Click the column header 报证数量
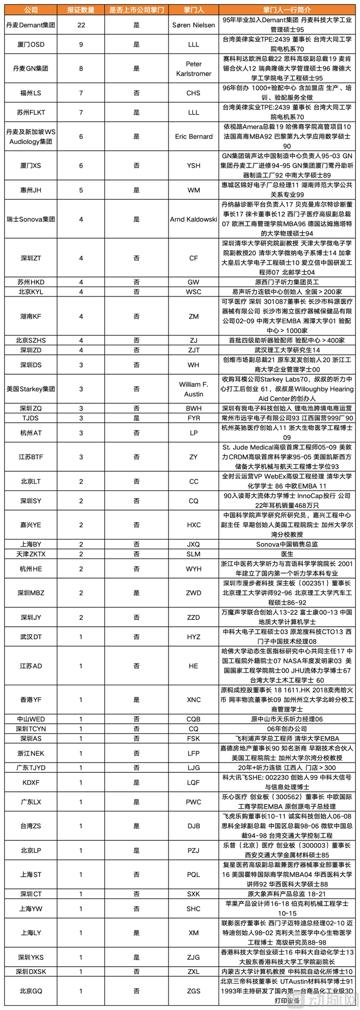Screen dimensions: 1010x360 81,10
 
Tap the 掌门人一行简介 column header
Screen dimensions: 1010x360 287,10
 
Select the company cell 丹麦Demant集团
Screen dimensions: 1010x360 31,25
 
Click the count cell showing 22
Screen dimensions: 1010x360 81,25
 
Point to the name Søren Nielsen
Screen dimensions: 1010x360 193,25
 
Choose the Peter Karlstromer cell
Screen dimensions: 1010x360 193,68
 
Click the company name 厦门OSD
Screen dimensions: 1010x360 31,44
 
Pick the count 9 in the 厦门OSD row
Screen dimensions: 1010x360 81,44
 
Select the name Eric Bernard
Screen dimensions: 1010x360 193,136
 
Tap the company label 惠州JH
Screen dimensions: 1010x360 31,190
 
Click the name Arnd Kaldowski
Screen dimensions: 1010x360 193,219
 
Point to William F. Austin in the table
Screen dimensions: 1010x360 193,389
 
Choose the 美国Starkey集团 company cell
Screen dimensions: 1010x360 31,389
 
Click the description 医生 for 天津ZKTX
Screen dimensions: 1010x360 287,554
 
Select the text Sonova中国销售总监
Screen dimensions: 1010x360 287,544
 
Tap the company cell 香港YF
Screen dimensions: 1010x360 31,699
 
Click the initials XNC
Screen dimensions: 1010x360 193,699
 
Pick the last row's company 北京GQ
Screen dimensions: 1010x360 31,991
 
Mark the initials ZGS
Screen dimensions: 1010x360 193,991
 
